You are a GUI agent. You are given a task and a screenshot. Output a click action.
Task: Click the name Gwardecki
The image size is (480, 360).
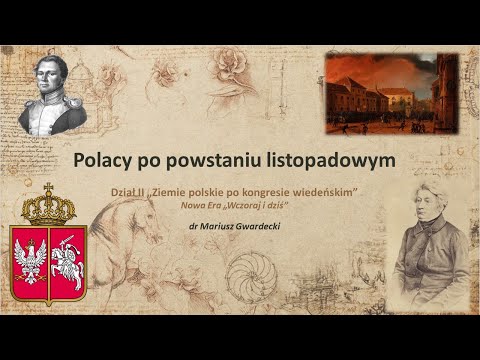(253, 226)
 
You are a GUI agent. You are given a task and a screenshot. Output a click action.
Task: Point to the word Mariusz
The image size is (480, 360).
(212, 226)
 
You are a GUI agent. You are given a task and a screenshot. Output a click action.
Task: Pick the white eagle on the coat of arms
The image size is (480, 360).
(30, 260)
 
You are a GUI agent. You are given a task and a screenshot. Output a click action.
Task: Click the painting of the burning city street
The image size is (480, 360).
(391, 94)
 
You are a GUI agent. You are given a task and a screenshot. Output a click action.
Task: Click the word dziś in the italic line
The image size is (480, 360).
(276, 203)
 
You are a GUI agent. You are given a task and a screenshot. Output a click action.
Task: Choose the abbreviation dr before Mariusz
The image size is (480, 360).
(179, 226)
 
